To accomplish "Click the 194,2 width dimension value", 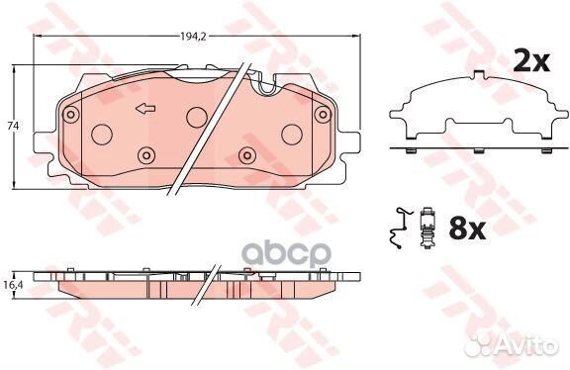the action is [193, 36].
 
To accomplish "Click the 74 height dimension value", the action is [13, 126].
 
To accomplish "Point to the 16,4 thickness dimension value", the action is [15, 285].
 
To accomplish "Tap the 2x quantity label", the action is [531, 61].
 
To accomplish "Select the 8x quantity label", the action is [467, 229].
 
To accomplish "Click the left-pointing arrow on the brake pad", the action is [145, 108].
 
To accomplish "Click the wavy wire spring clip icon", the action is [399, 228].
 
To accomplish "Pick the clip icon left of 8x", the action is [427, 228].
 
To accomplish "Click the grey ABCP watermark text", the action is [286, 254].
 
